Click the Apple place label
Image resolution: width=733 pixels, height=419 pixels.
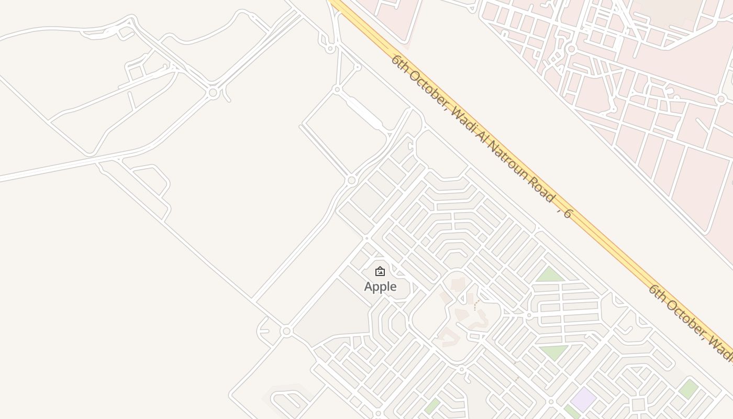pyautogui.click(x=380, y=286)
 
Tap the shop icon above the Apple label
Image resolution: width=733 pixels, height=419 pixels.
pyautogui.click(x=380, y=271)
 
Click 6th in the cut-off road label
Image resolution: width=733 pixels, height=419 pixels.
pyautogui.click(x=658, y=294)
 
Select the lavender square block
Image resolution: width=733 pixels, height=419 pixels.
pyautogui.click(x=583, y=399)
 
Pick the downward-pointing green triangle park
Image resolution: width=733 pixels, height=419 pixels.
pyautogui.click(x=553, y=351)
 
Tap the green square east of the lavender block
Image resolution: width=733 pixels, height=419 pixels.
pyautogui.click(x=688, y=389)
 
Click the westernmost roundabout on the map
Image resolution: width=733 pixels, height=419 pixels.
pyautogui.click(x=213, y=93)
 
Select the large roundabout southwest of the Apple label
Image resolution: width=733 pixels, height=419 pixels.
pyautogui.click(x=286, y=331)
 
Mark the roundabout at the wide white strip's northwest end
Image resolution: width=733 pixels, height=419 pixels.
pyautogui.click(x=337, y=90)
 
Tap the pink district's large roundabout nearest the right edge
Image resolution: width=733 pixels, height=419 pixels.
pyautogui.click(x=721, y=99)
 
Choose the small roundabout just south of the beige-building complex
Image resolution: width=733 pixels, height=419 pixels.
pyautogui.click(x=461, y=369)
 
